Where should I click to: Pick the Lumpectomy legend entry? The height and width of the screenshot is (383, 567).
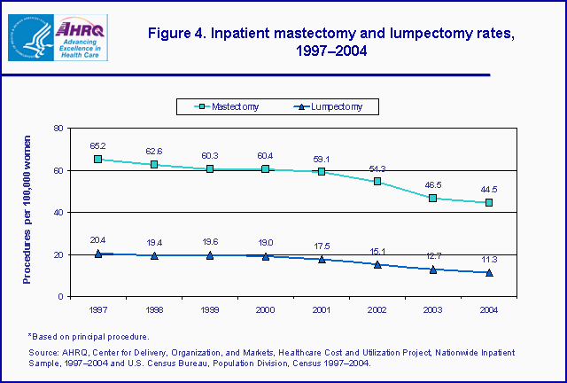tap(332, 107)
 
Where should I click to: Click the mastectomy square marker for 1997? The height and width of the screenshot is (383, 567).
tap(97, 160)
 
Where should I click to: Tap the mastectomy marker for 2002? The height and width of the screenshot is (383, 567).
tap(377, 182)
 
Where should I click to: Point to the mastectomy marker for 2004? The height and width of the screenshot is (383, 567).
tap(489, 202)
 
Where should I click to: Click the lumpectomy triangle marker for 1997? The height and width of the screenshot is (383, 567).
tap(97, 254)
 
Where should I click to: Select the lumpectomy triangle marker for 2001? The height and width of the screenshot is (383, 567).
tap(322, 259)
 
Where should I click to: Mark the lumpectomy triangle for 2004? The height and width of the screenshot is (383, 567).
tap(489, 272)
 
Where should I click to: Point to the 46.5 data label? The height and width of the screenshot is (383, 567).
tap(433, 184)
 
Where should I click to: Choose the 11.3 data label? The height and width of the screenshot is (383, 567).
tap(489, 259)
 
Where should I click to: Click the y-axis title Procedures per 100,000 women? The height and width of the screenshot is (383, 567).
tap(29, 212)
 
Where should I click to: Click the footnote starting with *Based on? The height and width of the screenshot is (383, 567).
tap(88, 336)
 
